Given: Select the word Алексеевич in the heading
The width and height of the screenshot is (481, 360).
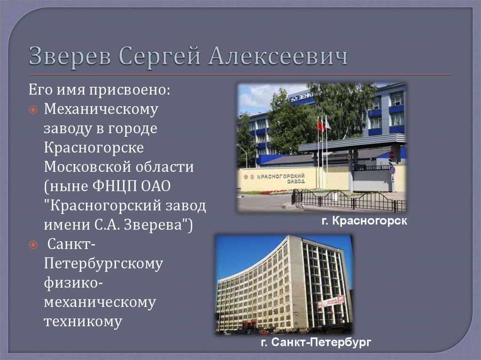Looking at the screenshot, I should coord(278,57).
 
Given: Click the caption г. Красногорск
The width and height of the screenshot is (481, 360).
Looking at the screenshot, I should coord(364,220).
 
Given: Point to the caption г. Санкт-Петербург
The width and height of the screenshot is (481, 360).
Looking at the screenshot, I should coord(316,343).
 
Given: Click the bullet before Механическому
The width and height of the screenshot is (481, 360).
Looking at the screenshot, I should coord(33,109).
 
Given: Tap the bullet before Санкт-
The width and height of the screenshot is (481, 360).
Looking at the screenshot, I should coord(33,245).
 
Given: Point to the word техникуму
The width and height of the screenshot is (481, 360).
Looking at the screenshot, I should coord(83,322).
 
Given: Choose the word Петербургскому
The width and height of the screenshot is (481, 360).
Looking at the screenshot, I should coord(103,264).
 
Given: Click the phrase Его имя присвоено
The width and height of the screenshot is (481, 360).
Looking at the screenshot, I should coord(100,89).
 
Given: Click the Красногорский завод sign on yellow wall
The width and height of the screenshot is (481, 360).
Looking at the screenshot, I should coord(277,179).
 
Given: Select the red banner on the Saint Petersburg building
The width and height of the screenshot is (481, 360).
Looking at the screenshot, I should coord(331,301).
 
